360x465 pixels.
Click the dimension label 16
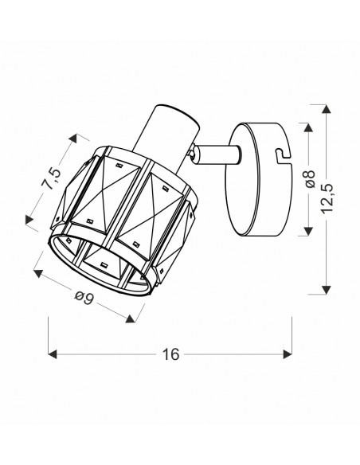tap(170, 354)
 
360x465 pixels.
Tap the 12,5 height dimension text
tap(327, 198)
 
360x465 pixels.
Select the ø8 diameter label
tap(310, 179)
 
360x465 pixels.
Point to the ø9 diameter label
tap(84, 298)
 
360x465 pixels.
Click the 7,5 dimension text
tap(53, 178)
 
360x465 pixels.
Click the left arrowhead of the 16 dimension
tap(53, 354)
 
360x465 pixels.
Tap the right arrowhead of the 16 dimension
tap(288, 354)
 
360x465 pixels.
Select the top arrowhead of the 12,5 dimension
tap(327, 108)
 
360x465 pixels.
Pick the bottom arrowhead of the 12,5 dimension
tap(327, 290)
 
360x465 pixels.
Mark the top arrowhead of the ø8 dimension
tap(309, 127)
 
